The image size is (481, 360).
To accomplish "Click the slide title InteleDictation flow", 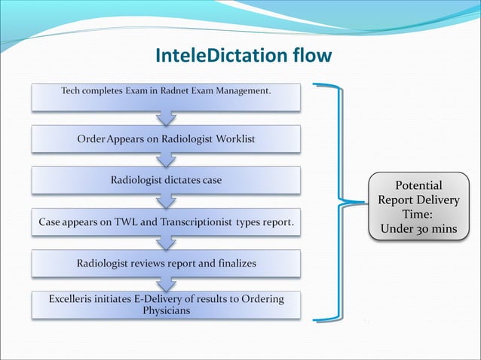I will pos(243,56).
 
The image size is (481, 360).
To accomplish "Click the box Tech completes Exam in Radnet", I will pos(166,96).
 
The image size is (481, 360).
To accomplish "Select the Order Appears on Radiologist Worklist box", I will pos(166,139).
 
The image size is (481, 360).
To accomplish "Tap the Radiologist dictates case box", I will pos(166,181).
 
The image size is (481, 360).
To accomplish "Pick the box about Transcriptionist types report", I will pos(166,223).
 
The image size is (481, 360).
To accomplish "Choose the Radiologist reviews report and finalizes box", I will pos(166,264).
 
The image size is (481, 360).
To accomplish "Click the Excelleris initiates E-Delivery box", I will pos(166,305).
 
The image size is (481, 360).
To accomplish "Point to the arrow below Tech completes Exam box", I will pos(166,117).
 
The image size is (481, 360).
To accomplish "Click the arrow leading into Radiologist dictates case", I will pos(166,160).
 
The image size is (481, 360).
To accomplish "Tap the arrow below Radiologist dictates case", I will pos(166,201).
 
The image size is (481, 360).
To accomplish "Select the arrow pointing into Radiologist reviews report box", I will pos(166,243).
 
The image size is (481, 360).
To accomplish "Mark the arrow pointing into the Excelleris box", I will pos(166,284).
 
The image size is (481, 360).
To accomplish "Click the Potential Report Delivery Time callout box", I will pos(418,206).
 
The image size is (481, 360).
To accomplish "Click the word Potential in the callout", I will pos(418,185).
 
